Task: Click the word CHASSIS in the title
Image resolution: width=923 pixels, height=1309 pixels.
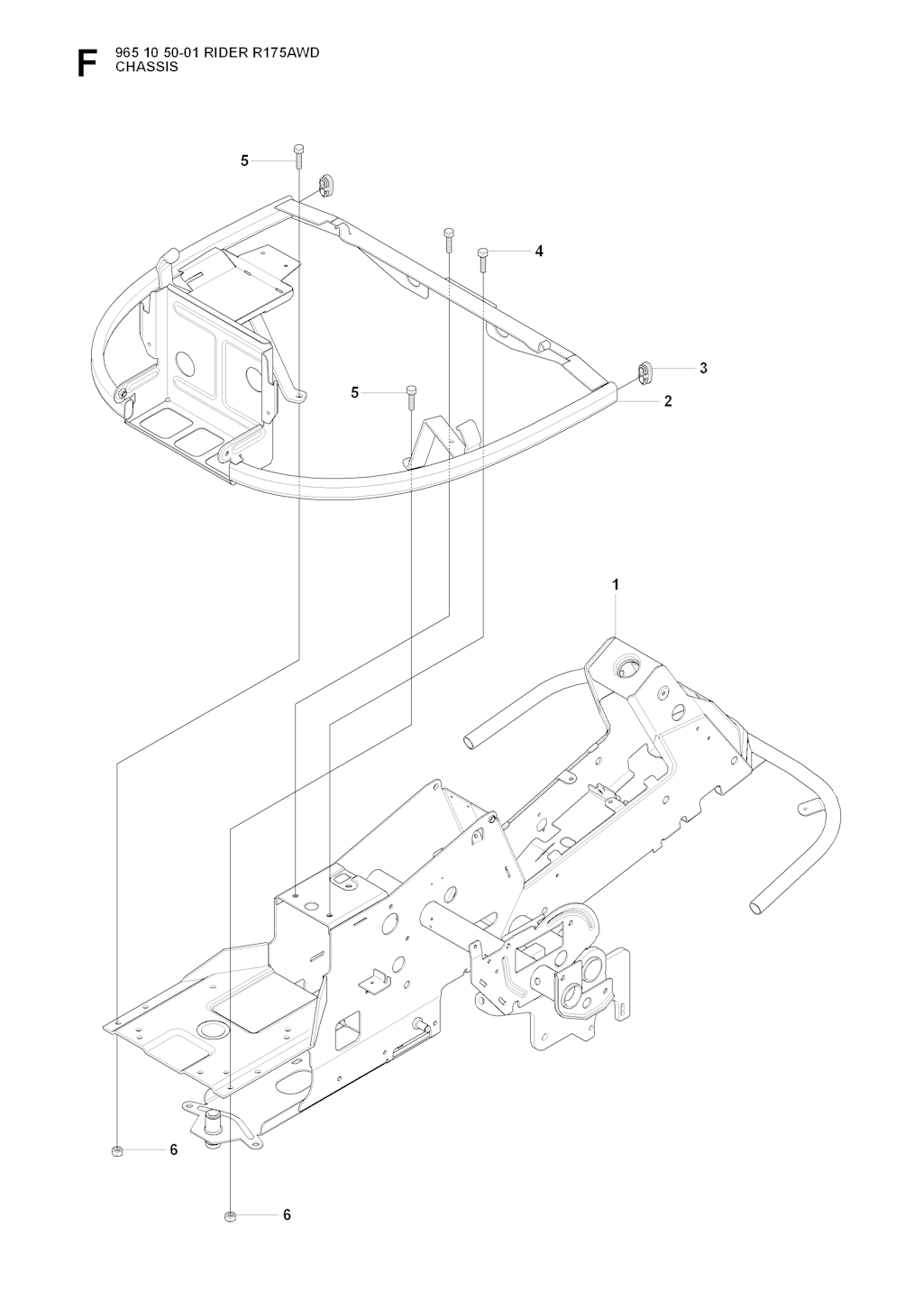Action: (147, 68)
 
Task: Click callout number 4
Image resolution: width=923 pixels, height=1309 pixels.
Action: (539, 252)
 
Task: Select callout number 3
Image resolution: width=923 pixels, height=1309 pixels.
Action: (703, 368)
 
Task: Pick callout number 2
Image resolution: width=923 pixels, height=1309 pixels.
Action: (668, 401)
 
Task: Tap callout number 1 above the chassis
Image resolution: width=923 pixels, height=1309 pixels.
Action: (615, 584)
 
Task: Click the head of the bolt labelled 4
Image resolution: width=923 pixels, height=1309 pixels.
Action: (482, 252)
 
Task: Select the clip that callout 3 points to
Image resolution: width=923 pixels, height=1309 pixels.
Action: (644, 373)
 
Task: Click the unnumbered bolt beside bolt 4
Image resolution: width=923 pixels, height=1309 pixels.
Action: (448, 239)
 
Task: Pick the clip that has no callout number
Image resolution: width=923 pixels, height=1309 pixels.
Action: (324, 185)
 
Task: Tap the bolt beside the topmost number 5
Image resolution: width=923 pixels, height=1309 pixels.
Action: (298, 155)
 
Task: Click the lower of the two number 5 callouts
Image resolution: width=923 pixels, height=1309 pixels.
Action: (354, 393)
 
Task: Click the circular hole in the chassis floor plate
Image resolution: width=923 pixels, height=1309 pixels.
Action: (211, 1030)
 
